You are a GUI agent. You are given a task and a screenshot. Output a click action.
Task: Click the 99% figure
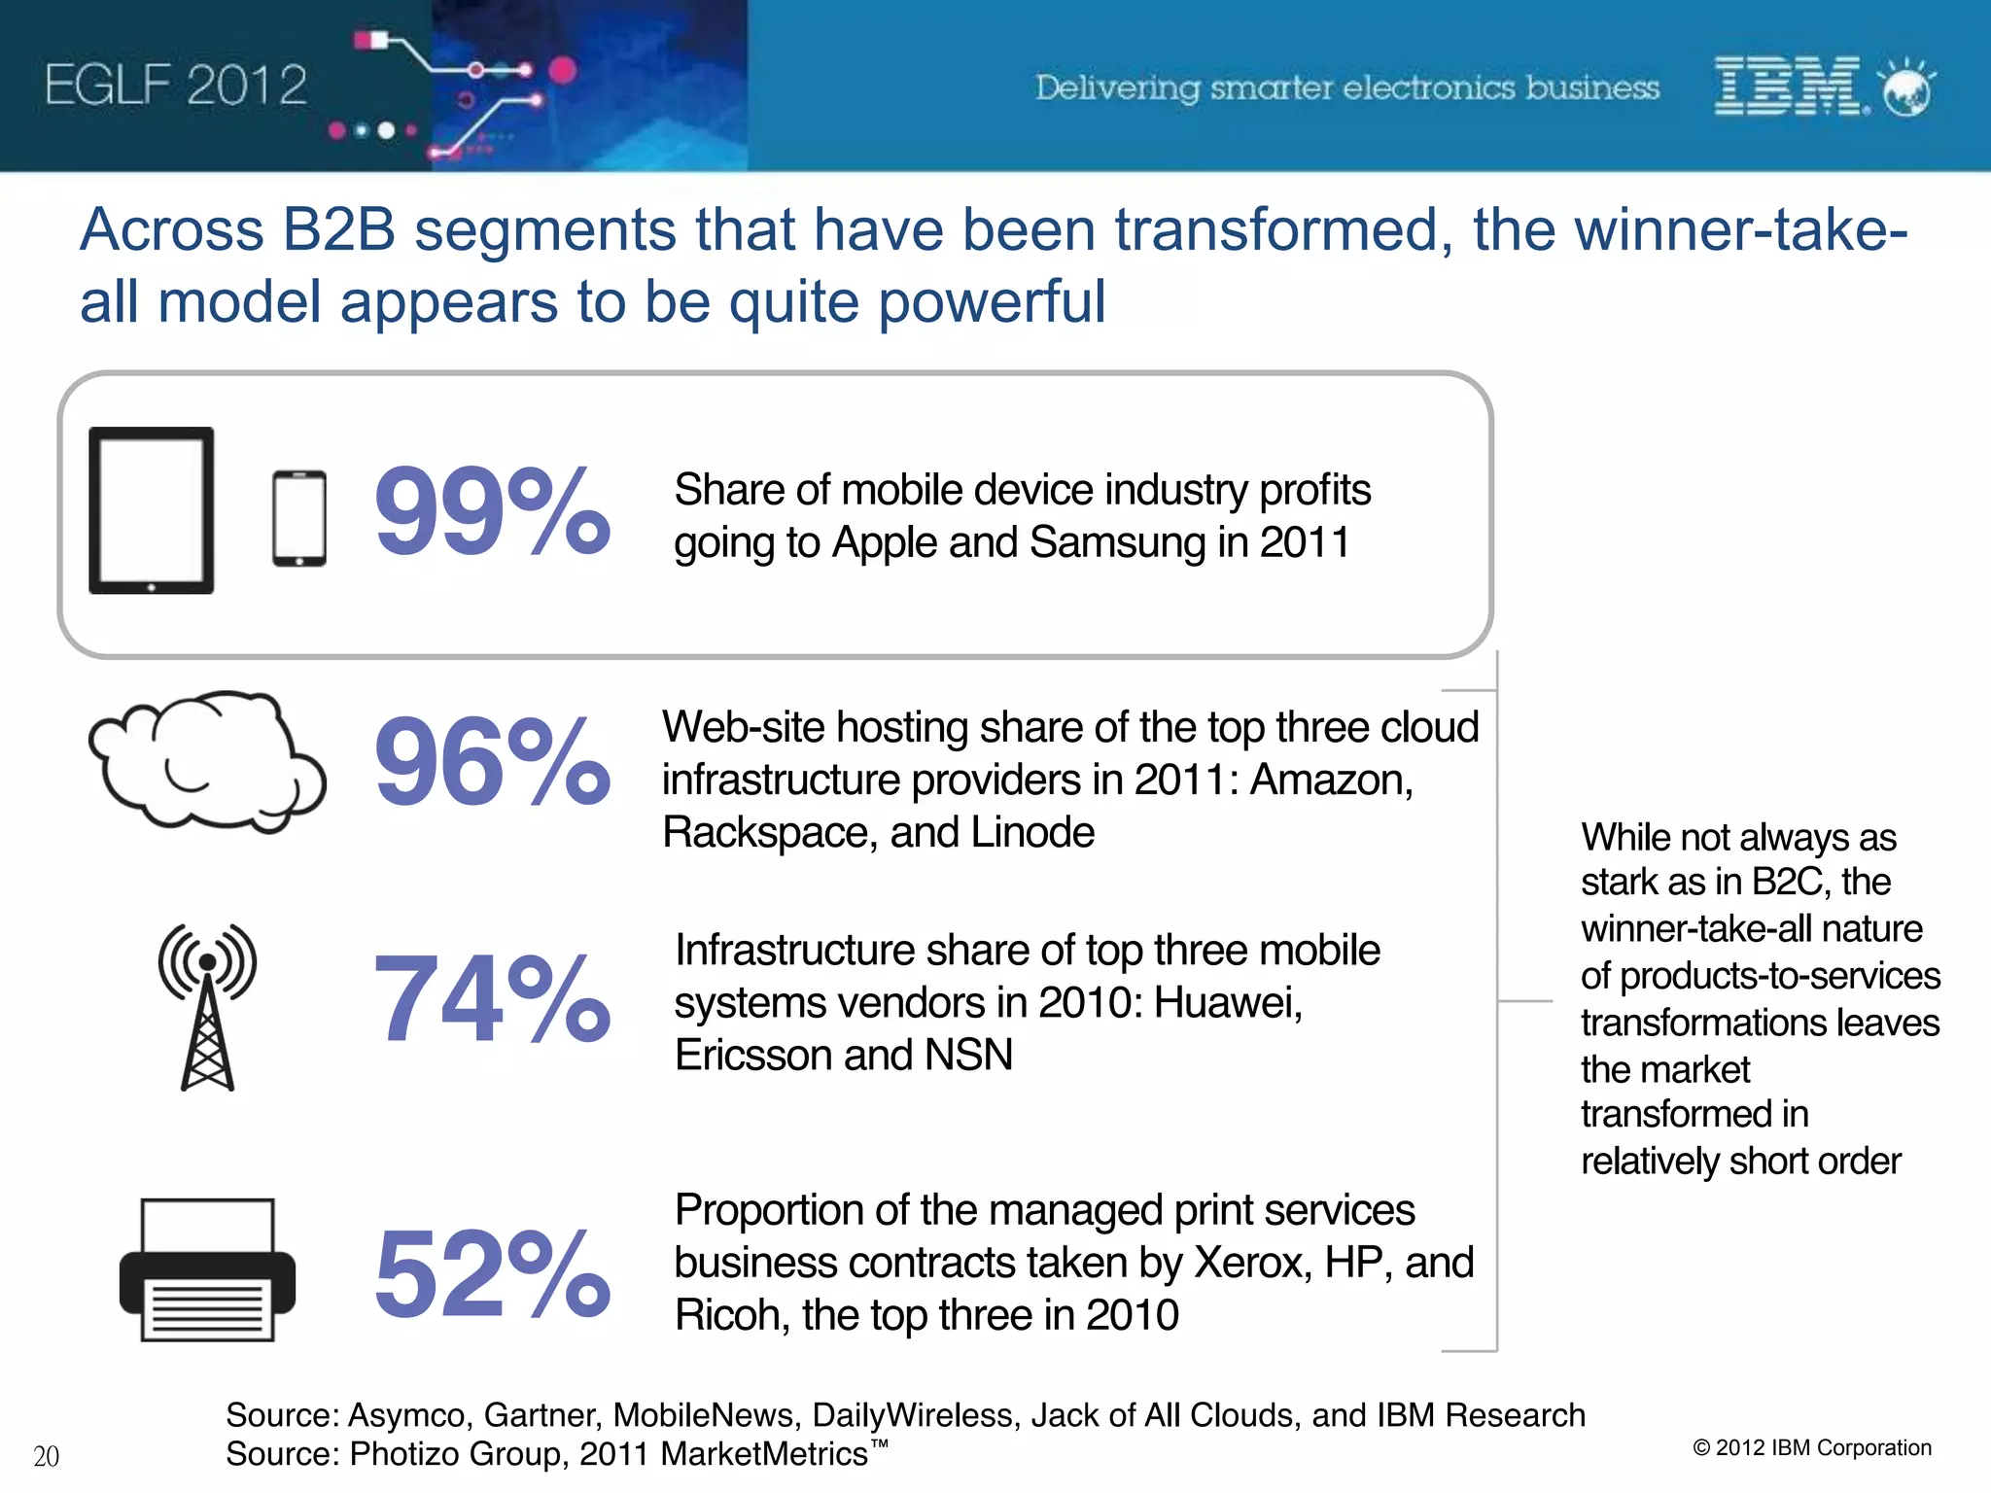[x=491, y=512]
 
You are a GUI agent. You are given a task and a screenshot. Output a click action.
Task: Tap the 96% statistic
[x=491, y=761]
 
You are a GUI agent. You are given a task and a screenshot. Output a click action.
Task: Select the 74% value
[x=491, y=999]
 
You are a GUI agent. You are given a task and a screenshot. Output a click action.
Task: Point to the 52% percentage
[x=491, y=1273]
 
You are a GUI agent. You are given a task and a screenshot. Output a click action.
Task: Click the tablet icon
[x=151, y=510]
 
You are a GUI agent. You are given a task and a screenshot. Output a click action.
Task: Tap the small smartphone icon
[x=298, y=518]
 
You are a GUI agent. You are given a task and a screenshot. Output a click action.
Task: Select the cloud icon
[x=206, y=760]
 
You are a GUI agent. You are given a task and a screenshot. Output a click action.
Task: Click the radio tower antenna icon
[x=207, y=1007]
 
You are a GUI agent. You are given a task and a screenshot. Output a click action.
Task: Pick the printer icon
[x=207, y=1269]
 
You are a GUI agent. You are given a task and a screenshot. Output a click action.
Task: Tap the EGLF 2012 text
[x=175, y=86]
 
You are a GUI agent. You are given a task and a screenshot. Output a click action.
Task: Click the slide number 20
[x=46, y=1456]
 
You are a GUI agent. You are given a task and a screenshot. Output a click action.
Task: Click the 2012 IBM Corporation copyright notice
[x=1812, y=1447]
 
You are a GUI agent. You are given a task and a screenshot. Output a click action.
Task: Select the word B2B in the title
[x=338, y=230]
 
